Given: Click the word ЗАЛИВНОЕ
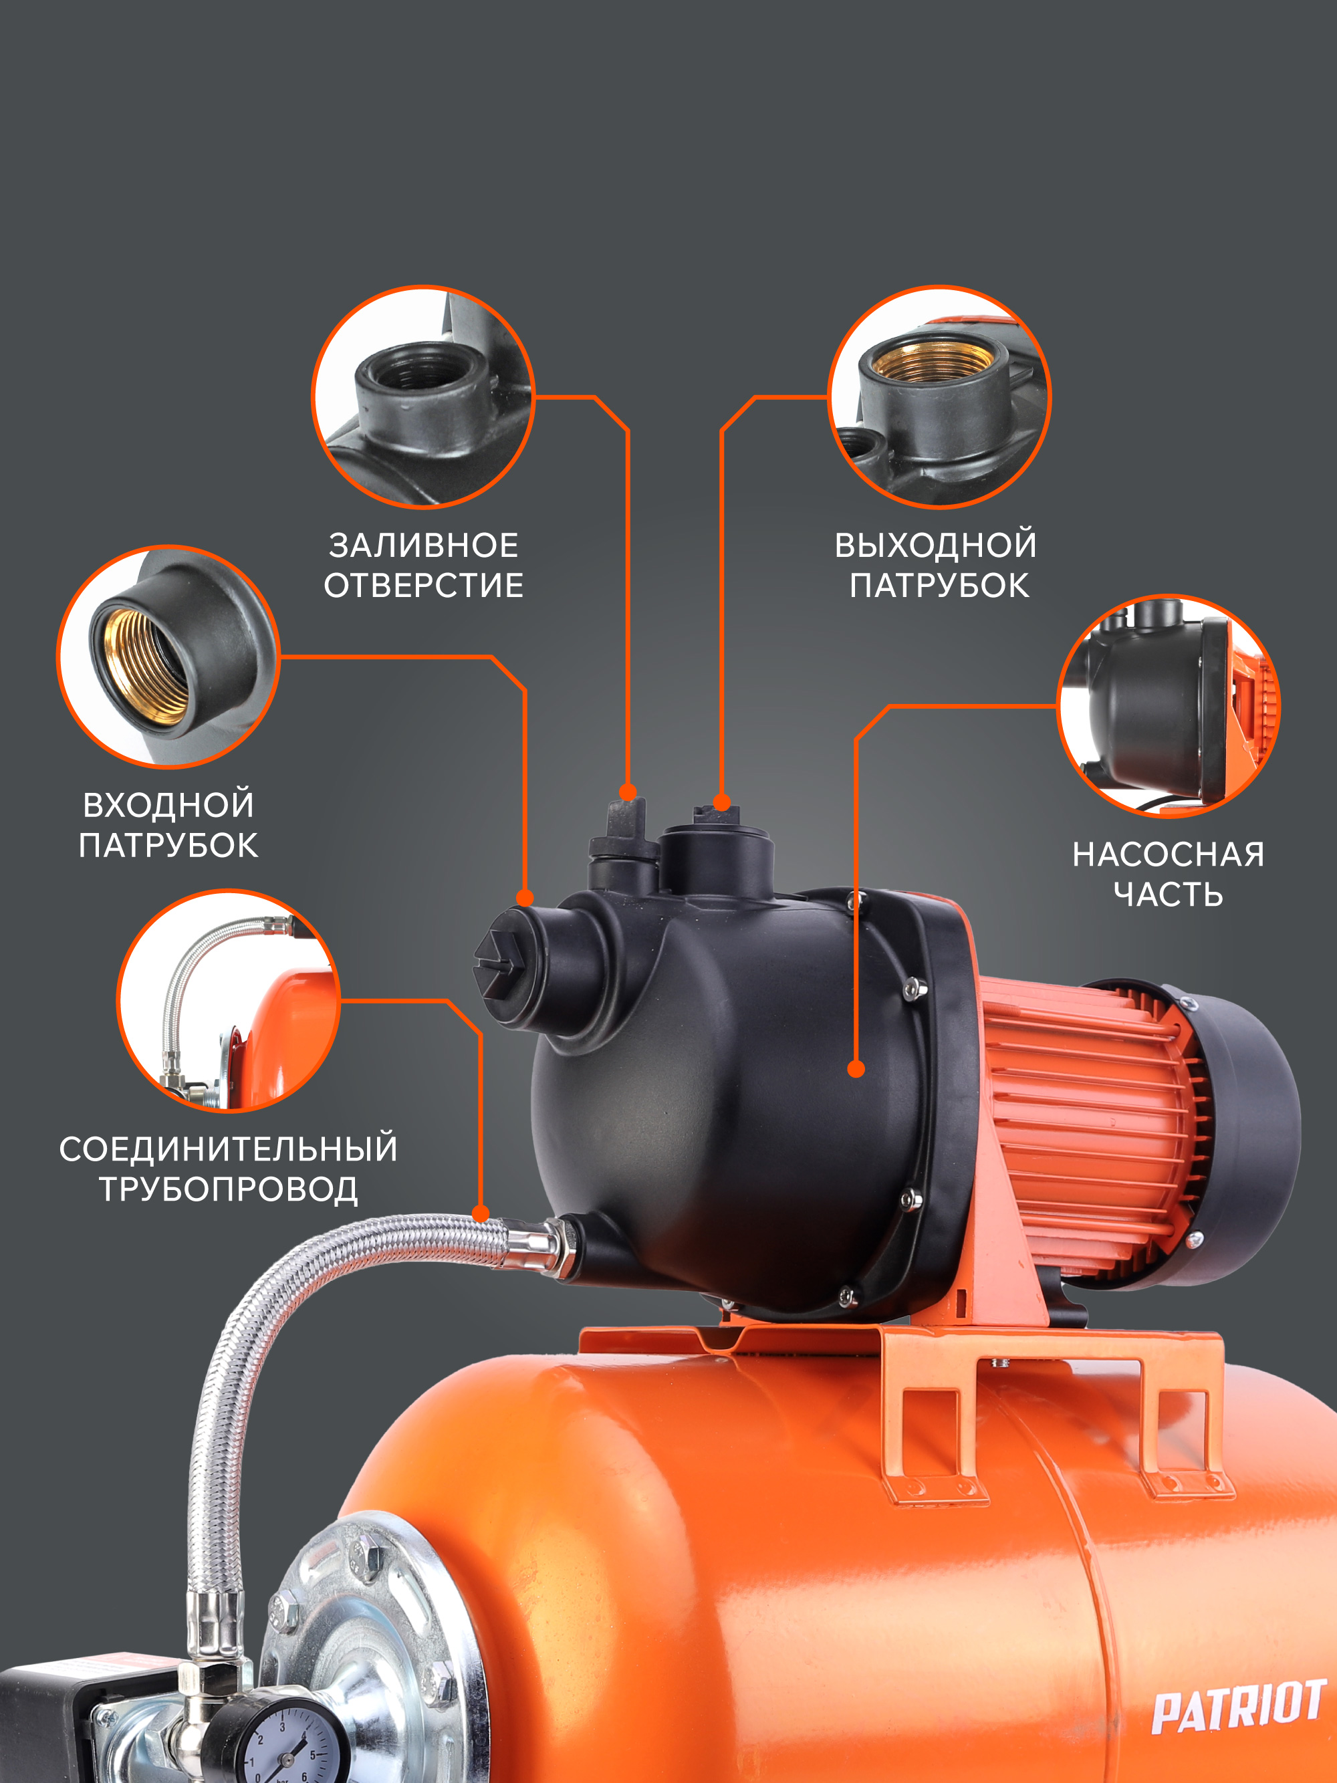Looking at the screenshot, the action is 423,546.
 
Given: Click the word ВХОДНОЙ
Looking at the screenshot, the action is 168,804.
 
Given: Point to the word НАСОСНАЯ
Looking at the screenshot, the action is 1169,854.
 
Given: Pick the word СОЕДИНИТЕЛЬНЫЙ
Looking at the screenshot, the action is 228,1148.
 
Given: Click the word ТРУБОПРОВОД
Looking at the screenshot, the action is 228,1190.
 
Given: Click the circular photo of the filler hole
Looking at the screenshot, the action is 423,396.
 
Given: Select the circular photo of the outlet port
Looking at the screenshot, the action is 940,396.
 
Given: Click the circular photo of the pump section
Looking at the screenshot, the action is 1169,706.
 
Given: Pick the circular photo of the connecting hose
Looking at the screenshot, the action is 228,1000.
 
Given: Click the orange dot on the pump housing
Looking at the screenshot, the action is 856,1070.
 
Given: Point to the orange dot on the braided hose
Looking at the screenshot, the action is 481,1214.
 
